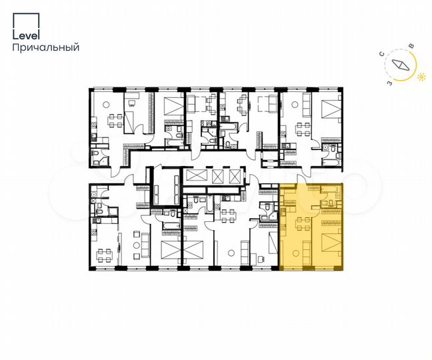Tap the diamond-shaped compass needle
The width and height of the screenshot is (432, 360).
tap(401, 65)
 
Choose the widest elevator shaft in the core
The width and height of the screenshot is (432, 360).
tap(198, 176)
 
